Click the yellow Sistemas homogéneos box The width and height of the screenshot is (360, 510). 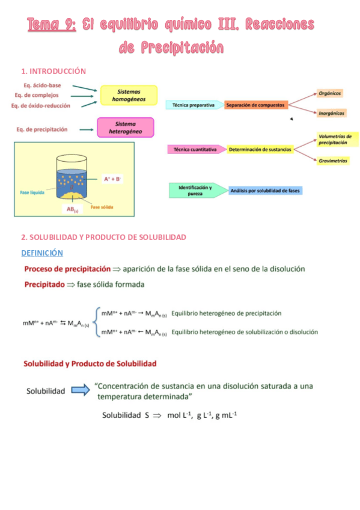[x=128, y=96]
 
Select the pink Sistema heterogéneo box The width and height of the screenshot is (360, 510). [x=125, y=127]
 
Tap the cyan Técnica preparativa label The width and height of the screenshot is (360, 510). [x=194, y=105]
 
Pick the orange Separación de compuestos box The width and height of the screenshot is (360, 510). [x=256, y=105]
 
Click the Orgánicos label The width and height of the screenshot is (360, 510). [x=330, y=93]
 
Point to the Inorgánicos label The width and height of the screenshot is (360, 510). [x=331, y=112]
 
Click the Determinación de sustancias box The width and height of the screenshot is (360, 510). [x=260, y=149]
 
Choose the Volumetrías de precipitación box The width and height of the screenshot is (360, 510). [x=335, y=140]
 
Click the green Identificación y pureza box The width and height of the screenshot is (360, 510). [x=195, y=190]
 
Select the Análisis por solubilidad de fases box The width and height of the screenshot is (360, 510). [x=266, y=191]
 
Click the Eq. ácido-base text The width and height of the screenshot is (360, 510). [x=42, y=85]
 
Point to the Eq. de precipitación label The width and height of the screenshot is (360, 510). [x=41, y=129]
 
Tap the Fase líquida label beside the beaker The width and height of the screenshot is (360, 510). [x=33, y=192]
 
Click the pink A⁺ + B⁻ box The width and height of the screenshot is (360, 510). [x=112, y=179]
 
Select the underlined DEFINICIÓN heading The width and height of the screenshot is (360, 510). [x=42, y=253]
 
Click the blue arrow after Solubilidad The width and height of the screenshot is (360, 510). [x=81, y=390]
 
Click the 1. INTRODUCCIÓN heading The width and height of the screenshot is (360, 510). [x=53, y=71]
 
